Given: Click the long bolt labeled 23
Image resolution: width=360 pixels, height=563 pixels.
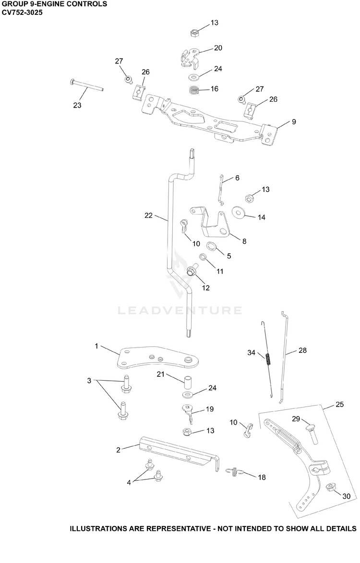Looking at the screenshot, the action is tap(85, 85).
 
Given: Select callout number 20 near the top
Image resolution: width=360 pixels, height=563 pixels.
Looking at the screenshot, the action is tap(218, 48).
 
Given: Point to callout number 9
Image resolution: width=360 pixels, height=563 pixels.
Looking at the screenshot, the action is tap(294, 122).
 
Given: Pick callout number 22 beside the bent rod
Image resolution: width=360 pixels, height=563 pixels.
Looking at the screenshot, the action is tap(149, 216).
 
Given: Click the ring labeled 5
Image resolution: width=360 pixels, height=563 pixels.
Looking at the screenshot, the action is tap(212, 247).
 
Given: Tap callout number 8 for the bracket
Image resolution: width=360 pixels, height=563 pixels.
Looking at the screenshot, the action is tap(244, 241).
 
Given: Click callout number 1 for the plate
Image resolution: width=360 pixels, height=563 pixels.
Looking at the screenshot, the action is tap(96, 346).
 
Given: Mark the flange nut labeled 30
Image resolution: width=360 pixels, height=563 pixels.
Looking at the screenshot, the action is tap(330, 488).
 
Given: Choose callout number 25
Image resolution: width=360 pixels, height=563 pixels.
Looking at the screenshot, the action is tap(339, 405).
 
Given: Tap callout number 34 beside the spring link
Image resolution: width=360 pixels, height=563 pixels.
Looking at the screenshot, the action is tap(251, 353).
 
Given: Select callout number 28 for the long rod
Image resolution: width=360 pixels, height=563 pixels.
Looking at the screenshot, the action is tap(302, 350).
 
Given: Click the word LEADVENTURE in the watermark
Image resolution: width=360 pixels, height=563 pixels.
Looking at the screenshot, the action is tap(180, 310).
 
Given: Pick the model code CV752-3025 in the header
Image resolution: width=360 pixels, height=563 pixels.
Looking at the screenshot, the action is tap(22, 12).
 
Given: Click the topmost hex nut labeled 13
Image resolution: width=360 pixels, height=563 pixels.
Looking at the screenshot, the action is tap(194, 34).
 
